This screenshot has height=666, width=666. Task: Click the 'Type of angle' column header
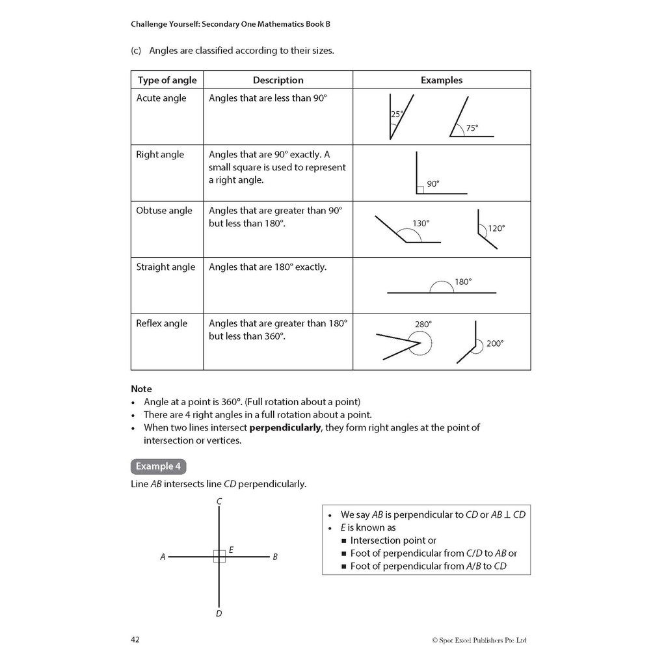[166, 80]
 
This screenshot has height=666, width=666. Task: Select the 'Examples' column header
[442, 80]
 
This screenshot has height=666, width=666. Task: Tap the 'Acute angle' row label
[161, 98]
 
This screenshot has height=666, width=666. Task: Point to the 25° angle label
[397, 114]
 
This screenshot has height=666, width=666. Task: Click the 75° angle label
[472, 128]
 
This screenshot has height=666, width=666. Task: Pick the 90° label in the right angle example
[433, 184]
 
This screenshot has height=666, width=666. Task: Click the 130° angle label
[421, 223]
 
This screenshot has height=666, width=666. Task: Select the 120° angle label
[496, 228]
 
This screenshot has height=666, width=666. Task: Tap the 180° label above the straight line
[463, 282]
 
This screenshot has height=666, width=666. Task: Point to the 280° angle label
[423, 324]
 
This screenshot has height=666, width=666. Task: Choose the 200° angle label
[495, 343]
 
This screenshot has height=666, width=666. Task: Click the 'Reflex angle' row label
[161, 323]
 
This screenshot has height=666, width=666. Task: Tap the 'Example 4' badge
[159, 466]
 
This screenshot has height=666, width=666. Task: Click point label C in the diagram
[220, 501]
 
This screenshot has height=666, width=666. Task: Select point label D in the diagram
[219, 613]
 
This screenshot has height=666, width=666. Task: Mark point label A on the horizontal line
[163, 557]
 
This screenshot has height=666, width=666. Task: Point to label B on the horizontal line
[275, 557]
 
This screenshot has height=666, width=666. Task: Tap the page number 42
[135, 639]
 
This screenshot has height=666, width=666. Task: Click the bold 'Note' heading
[141, 389]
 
